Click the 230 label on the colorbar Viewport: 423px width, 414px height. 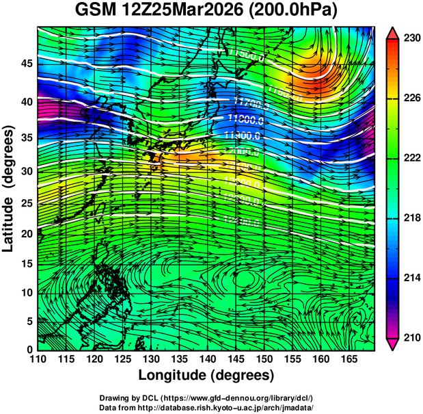click(x=411, y=38)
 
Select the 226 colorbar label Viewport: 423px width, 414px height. click(x=411, y=99)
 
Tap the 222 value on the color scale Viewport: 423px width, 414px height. click(x=411, y=158)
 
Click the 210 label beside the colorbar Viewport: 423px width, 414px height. click(x=411, y=338)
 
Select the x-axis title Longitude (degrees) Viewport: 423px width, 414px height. click(x=206, y=375)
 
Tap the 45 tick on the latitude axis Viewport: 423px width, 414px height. click(x=26, y=64)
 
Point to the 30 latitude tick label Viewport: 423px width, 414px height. click(x=26, y=170)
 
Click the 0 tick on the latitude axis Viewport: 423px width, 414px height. click(x=29, y=349)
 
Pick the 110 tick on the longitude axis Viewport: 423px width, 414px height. click(x=37, y=359)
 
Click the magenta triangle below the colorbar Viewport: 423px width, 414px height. click(x=393, y=345)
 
